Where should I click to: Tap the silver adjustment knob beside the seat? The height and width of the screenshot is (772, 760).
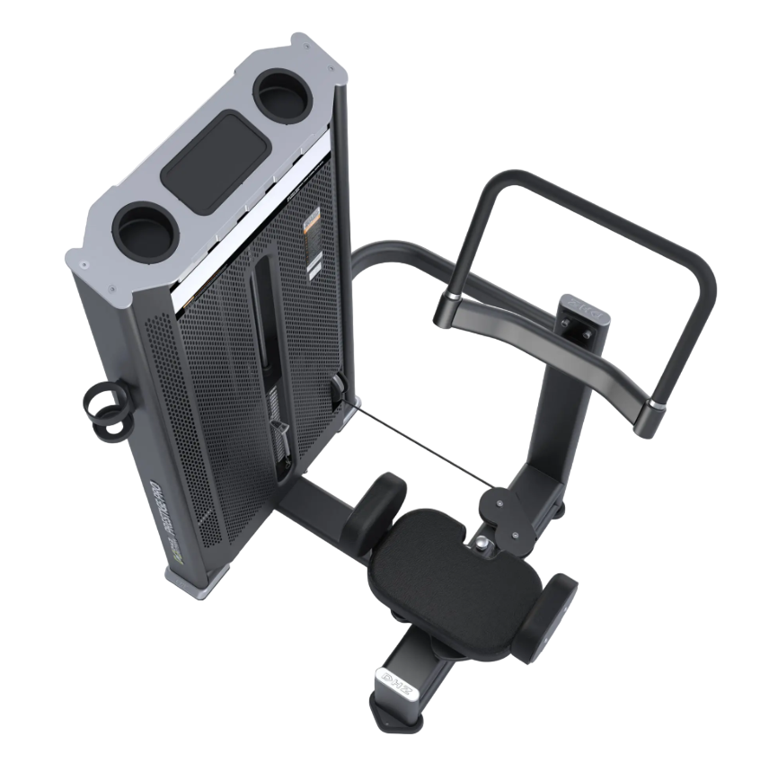click(483, 542)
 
